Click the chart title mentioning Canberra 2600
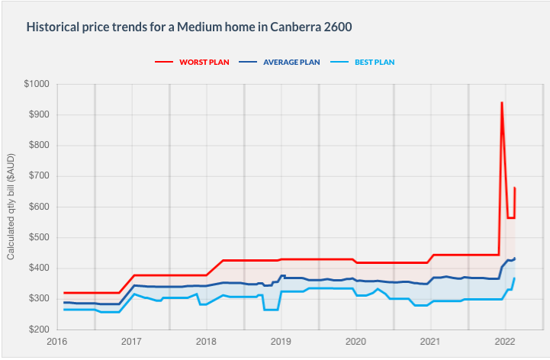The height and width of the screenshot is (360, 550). pyautogui.click(x=190, y=26)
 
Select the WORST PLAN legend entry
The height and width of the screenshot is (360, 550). pyautogui.click(x=204, y=62)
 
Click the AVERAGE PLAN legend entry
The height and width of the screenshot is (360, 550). pyautogui.click(x=291, y=62)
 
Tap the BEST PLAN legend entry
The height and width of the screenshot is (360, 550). pyautogui.click(x=375, y=62)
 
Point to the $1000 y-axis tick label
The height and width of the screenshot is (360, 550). pyautogui.click(x=36, y=84)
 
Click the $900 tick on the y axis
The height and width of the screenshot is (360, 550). pyautogui.click(x=38, y=114)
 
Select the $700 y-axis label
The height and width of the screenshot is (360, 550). pyautogui.click(x=38, y=176)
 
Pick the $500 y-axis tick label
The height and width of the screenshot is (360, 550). pyautogui.click(x=38, y=237)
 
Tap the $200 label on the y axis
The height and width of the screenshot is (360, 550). pyautogui.click(x=38, y=329)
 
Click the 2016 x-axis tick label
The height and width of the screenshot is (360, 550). pyautogui.click(x=57, y=341)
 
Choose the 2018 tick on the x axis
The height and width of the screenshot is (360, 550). pyautogui.click(x=207, y=341)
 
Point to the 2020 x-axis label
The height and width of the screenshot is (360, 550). pyautogui.click(x=356, y=341)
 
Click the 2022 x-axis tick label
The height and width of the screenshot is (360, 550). pyautogui.click(x=505, y=341)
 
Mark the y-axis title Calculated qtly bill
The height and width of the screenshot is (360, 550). pyautogui.click(x=11, y=206)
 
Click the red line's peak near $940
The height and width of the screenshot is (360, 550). pyautogui.click(x=501, y=103)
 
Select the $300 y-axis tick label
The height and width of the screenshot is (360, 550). pyautogui.click(x=38, y=298)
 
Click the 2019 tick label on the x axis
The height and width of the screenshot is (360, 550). pyautogui.click(x=281, y=341)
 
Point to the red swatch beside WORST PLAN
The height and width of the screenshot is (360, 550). pyautogui.click(x=165, y=62)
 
